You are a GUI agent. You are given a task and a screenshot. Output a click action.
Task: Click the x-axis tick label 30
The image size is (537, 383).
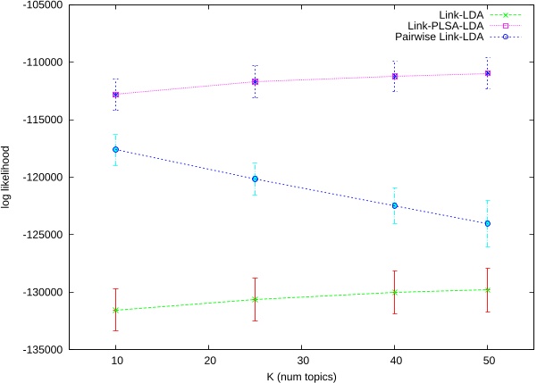[x=301, y=363]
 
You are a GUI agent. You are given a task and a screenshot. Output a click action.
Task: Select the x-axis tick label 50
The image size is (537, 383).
[x=487, y=363]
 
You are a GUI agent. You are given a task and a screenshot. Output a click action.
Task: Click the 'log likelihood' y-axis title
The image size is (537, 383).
[x=7, y=177]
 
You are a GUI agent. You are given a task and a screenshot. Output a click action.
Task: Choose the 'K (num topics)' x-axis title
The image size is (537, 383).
[x=301, y=377]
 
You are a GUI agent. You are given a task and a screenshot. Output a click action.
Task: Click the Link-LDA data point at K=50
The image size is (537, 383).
[x=487, y=289]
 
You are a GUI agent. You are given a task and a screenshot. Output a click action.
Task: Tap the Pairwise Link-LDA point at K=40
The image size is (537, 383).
[x=394, y=205]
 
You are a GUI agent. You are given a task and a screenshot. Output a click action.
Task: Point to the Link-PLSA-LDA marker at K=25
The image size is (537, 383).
[x=255, y=81]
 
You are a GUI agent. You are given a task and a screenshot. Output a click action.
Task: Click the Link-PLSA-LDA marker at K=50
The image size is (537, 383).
[x=487, y=73]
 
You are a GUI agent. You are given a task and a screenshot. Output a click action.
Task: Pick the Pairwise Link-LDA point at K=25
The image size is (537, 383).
[x=255, y=179]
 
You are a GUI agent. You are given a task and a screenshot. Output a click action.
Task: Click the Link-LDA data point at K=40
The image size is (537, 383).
[x=394, y=292]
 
